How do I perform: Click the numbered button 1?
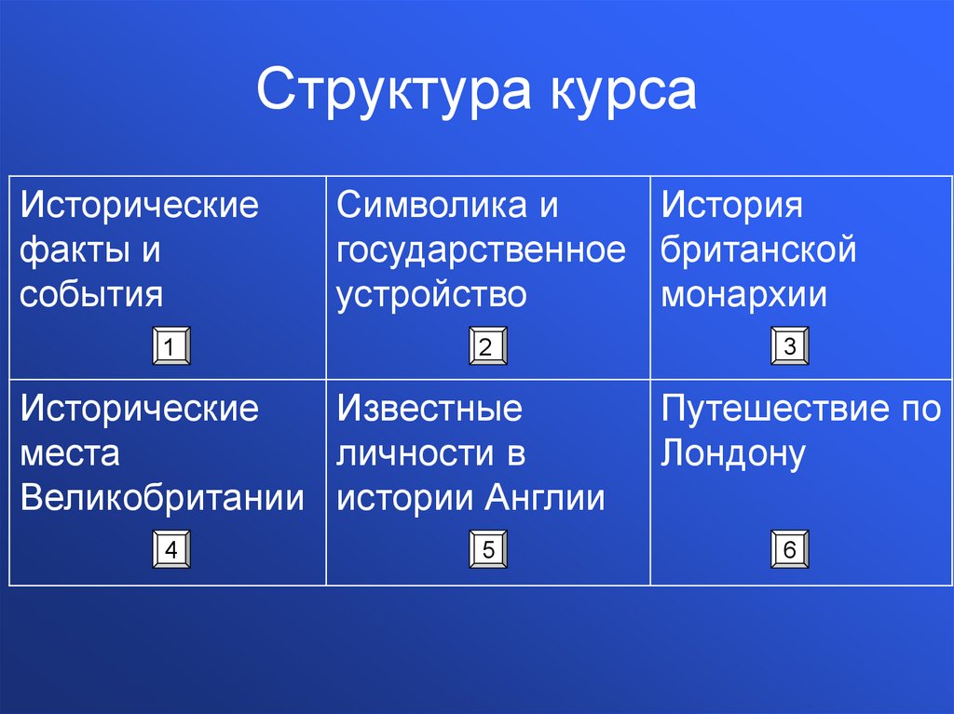click(x=170, y=348)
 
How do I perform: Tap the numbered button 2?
click(x=486, y=348)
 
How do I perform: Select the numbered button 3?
click(x=789, y=348)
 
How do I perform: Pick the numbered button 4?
click(x=170, y=550)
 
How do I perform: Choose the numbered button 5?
click(x=486, y=550)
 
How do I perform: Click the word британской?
click(x=758, y=249)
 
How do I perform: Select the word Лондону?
click(x=732, y=453)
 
